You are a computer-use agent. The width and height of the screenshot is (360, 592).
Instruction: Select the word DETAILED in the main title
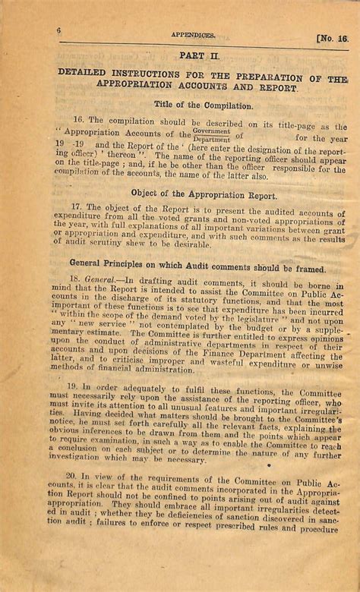(84, 72)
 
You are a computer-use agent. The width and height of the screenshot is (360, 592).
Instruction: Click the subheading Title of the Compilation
(204, 105)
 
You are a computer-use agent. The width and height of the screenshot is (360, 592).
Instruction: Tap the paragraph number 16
(78, 120)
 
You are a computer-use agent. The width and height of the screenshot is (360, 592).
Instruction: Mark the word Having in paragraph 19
(80, 414)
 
